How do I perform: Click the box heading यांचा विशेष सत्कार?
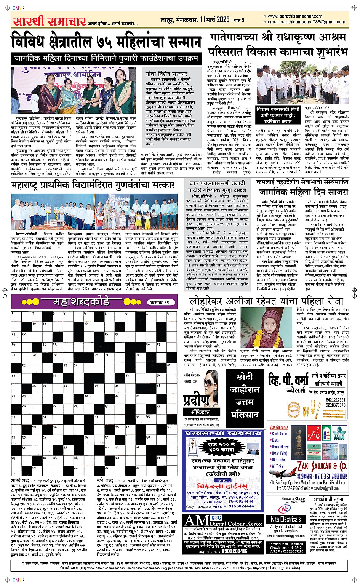point(166,74)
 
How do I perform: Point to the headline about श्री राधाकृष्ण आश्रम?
point(278,44)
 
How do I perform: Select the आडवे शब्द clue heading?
point(21,480)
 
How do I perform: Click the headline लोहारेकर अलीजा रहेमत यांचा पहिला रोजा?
point(267,301)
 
